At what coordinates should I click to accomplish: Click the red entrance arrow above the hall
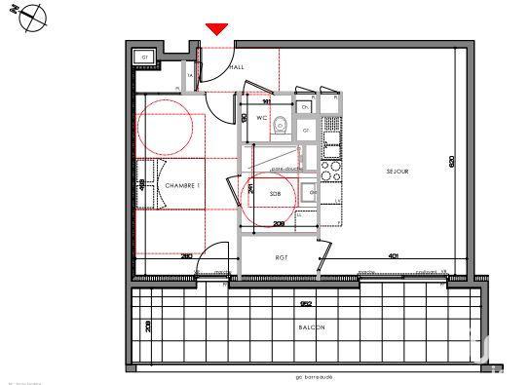217,30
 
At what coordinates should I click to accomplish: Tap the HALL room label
237,66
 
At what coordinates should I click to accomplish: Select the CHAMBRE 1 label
182,185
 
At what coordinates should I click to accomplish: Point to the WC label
261,118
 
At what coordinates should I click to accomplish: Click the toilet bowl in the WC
281,123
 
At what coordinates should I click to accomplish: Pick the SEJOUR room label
397,172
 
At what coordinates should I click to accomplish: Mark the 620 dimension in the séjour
451,163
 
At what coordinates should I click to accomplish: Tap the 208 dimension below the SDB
278,224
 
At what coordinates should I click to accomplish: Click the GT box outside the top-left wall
145,58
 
